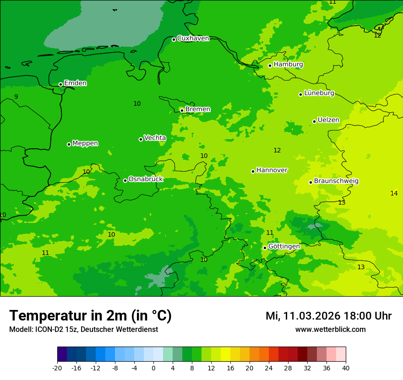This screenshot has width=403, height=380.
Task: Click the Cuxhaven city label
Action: pyautogui.click(x=193, y=38)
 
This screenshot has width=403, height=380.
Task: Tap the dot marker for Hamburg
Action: pyautogui.click(x=270, y=65)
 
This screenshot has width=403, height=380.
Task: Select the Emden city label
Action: pyautogui.click(x=75, y=83)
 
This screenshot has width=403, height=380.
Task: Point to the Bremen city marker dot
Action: pyautogui.click(x=182, y=110)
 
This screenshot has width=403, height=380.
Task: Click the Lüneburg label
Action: pyautogui.click(x=319, y=93)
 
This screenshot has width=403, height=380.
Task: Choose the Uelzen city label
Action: pyautogui.click(x=328, y=120)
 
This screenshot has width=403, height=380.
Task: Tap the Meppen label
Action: pyautogui.click(x=85, y=143)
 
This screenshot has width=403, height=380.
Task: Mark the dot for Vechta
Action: pyautogui.click(x=141, y=139)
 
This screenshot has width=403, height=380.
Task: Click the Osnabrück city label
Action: pyautogui.click(x=146, y=179)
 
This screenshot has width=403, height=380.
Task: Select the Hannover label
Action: pyautogui.click(x=272, y=170)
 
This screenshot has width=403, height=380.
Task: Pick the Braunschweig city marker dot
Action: pyautogui.click(x=310, y=182)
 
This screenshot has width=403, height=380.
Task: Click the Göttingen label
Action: pyautogui.click(x=284, y=247)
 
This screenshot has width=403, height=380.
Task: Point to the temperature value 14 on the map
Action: pyautogui.click(x=394, y=194)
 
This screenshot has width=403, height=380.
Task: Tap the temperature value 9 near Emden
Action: pyautogui.click(x=16, y=97)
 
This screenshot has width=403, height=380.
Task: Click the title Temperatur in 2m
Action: pyautogui.click(x=90, y=316)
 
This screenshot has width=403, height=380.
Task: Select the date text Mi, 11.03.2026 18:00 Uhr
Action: pyautogui.click(x=328, y=316)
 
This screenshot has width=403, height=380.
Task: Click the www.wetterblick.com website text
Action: pyautogui.click(x=330, y=330)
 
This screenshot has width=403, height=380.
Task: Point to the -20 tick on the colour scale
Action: pyautogui.click(x=57, y=368)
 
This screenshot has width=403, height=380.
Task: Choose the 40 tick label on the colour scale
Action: pyautogui.click(x=345, y=368)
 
